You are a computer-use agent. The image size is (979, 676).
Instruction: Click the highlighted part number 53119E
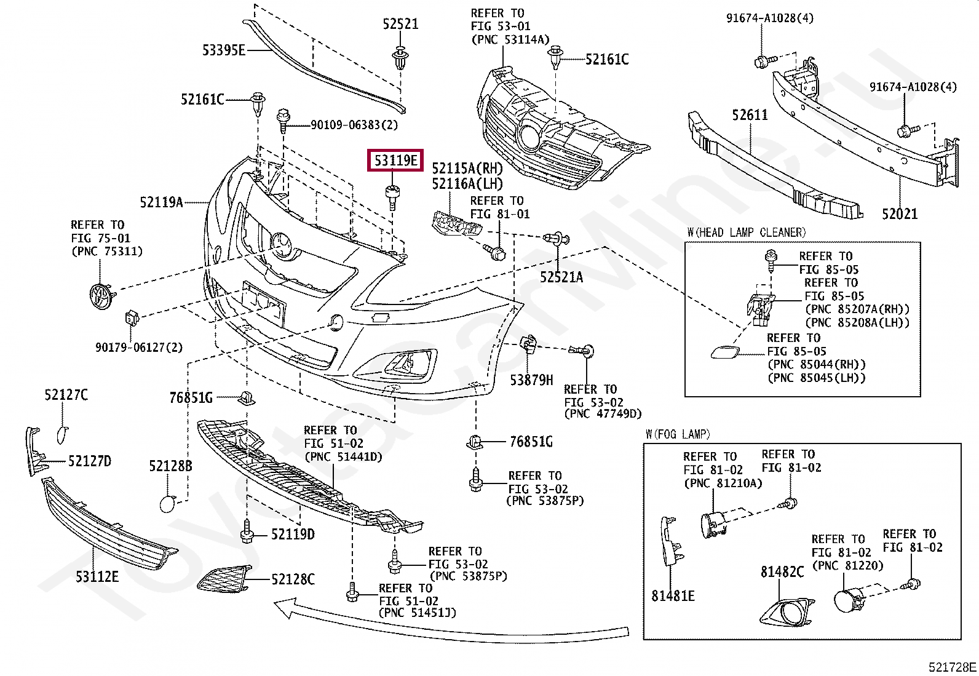coord(396,161)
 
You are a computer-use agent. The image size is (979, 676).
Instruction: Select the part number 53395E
coord(224,50)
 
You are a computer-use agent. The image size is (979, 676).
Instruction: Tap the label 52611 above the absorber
coord(750,115)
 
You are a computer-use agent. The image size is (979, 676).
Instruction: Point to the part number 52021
coord(899,214)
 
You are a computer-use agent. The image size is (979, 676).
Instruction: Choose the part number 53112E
coord(97,577)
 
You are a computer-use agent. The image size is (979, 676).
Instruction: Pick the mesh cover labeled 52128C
coord(223,579)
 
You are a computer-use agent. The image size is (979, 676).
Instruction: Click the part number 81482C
coord(782,572)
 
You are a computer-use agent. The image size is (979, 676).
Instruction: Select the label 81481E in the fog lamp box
coord(673,596)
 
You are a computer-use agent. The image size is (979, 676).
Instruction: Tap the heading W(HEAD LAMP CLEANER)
coord(746,233)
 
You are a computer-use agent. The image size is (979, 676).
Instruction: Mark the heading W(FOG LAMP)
coord(678,434)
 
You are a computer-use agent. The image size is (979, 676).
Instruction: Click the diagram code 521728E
coord(952,667)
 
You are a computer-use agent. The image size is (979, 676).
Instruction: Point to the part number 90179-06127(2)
coord(139,348)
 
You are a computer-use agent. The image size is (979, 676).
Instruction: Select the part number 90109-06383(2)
coord(354,125)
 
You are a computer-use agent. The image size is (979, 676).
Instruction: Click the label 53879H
coord(531,380)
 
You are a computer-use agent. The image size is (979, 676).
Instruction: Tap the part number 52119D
coord(293,535)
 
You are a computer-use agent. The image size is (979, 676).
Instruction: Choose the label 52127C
coord(66,395)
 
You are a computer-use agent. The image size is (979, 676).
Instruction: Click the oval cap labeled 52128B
coord(167,504)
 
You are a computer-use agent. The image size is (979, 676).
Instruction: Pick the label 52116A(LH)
coord(467,184)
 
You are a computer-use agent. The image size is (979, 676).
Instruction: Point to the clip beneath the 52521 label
coord(401,58)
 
